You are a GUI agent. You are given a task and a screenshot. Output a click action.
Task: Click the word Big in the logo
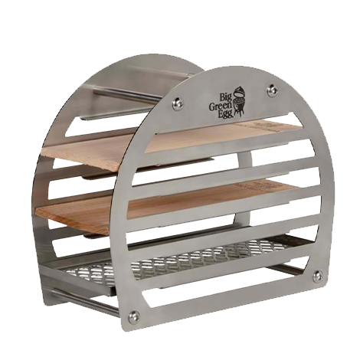tap(226, 97)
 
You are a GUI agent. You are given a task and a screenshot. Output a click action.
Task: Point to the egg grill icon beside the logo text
tap(238, 103)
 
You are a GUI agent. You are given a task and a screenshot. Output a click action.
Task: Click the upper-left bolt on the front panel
tap(178, 103)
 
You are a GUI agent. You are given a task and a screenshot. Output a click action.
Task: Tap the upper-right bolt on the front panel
tap(273, 90)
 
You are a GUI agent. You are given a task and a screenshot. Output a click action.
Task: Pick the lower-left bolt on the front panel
tap(134, 317)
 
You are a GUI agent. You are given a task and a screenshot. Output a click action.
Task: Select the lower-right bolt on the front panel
tap(318, 277)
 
